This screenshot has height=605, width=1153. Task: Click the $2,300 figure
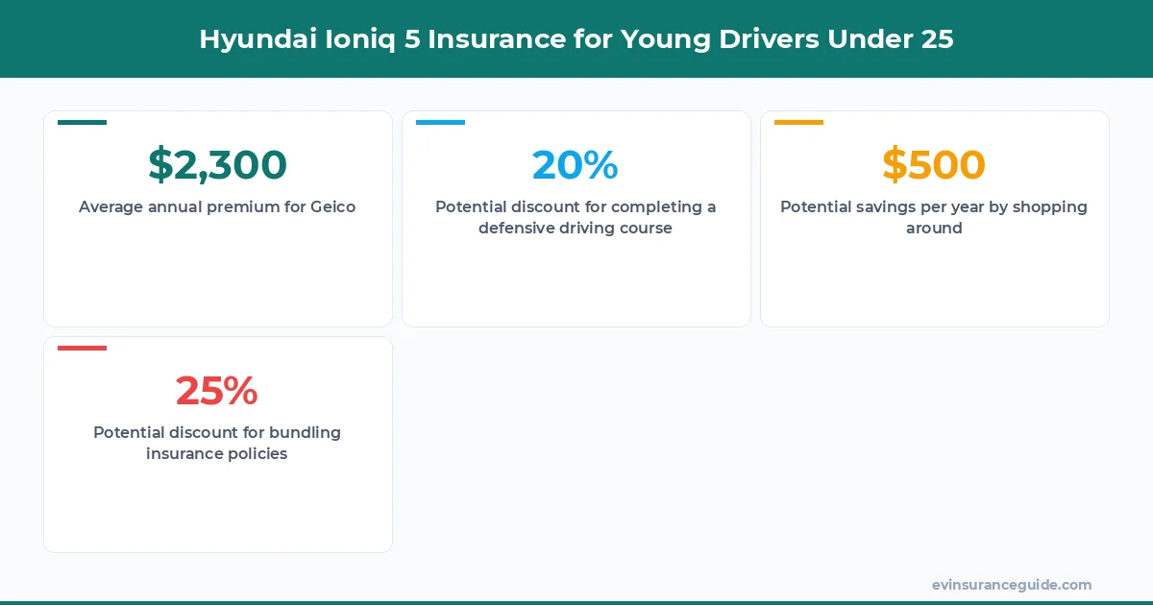click(217, 165)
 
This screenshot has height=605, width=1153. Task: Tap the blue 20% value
click(575, 165)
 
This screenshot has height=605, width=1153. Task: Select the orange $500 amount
click(933, 165)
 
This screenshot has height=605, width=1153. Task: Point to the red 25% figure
click(217, 391)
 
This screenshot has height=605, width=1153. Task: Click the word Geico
click(332, 207)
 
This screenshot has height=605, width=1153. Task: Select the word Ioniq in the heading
click(337, 39)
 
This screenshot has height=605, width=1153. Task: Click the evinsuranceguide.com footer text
click(1012, 585)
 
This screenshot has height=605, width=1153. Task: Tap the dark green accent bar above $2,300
click(83, 123)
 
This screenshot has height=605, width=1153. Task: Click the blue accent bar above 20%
click(440, 123)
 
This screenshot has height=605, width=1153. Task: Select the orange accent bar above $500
click(798, 123)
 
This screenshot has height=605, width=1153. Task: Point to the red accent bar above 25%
click(83, 348)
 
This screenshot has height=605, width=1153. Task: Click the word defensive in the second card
click(519, 229)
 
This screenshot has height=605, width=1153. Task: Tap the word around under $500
click(934, 229)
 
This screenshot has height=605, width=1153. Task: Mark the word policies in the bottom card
click(253, 454)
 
